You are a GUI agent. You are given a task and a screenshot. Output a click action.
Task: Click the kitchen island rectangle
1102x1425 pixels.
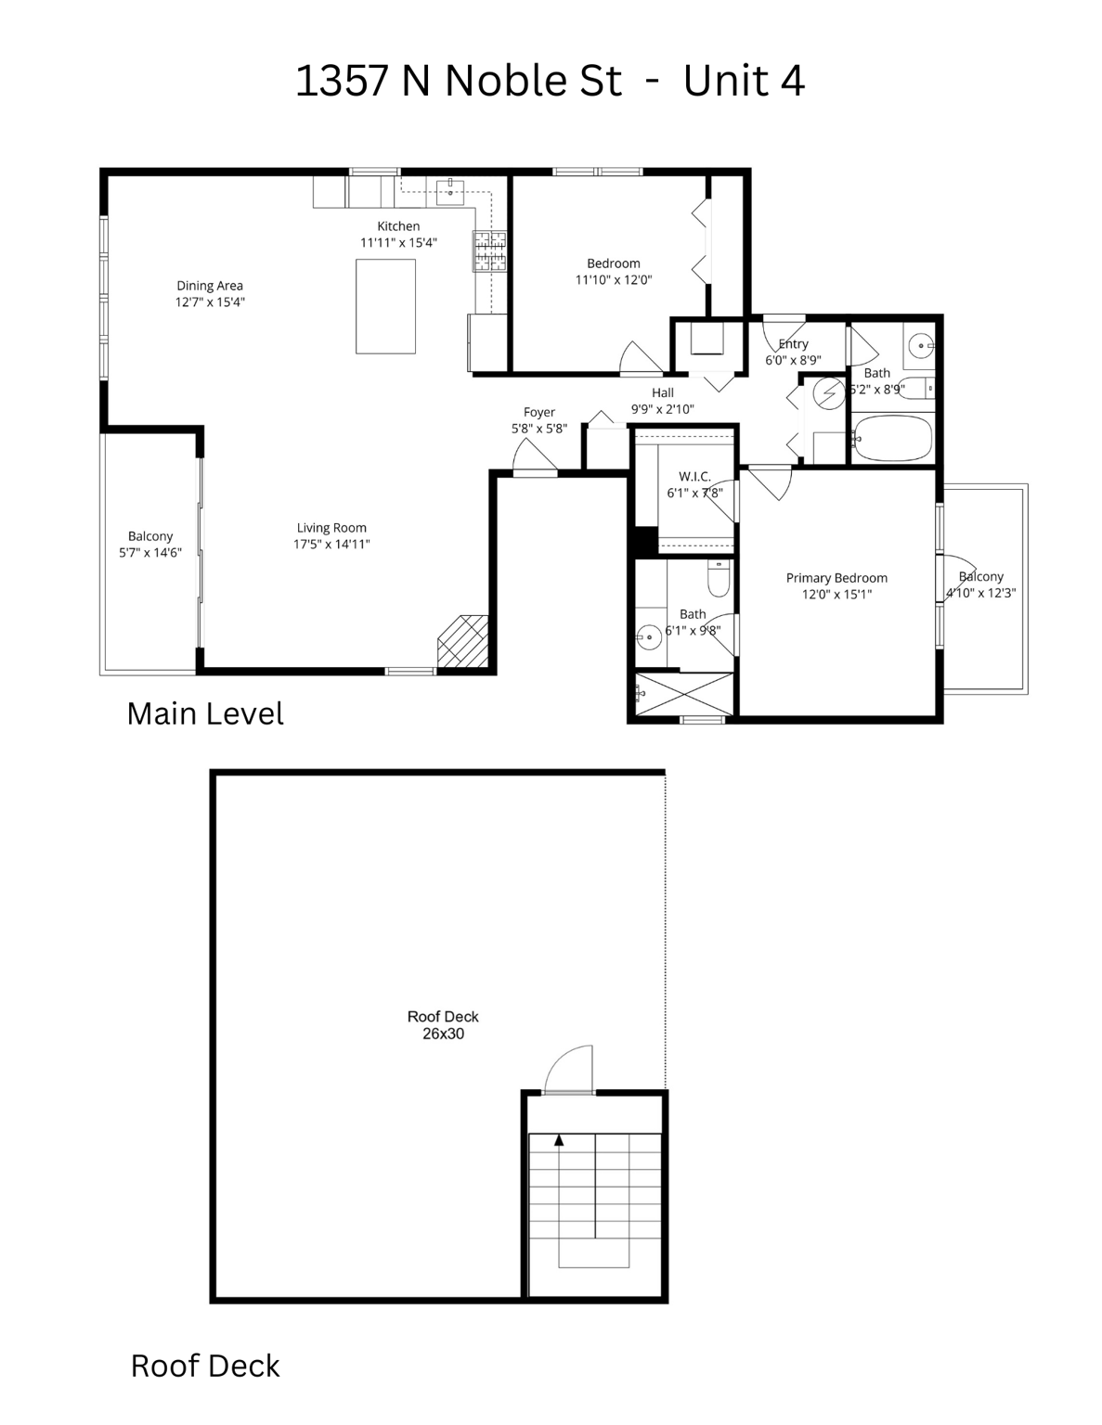(x=385, y=306)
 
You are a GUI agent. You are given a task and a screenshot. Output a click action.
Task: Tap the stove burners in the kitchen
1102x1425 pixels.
(x=490, y=251)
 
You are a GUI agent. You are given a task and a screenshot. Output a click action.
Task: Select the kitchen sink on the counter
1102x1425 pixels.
(x=450, y=193)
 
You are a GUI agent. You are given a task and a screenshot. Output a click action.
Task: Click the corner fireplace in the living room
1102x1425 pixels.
(x=464, y=641)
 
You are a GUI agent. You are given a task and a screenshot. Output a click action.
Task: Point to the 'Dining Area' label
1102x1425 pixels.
(x=210, y=286)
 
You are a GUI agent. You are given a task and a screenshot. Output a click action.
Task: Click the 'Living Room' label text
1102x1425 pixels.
(x=331, y=528)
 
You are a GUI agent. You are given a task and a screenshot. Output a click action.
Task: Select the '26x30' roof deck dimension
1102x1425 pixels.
(x=443, y=1033)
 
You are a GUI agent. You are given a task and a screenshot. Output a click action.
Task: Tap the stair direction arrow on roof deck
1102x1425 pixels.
(x=558, y=1140)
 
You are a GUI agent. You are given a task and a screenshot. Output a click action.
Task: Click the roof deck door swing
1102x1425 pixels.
(x=568, y=1071)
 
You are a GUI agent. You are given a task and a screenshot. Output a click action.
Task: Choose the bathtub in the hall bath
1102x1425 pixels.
(x=891, y=439)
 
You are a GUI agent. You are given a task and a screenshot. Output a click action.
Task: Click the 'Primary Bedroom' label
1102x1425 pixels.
(x=836, y=578)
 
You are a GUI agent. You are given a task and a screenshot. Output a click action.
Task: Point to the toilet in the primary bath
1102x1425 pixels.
(x=719, y=581)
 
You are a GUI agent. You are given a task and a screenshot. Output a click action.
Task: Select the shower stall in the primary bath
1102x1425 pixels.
(x=684, y=694)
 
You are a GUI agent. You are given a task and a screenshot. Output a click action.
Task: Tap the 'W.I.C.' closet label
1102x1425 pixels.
(x=694, y=477)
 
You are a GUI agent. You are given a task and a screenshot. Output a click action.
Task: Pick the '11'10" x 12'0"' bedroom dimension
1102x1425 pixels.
(x=614, y=279)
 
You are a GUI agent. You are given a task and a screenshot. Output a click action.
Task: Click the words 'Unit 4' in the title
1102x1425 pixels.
(x=744, y=81)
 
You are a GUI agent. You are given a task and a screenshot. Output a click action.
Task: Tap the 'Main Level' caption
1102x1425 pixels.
(x=205, y=713)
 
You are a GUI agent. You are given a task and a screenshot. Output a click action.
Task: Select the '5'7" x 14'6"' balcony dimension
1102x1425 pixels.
(x=150, y=553)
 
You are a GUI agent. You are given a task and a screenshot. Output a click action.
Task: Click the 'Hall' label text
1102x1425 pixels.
(x=662, y=392)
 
